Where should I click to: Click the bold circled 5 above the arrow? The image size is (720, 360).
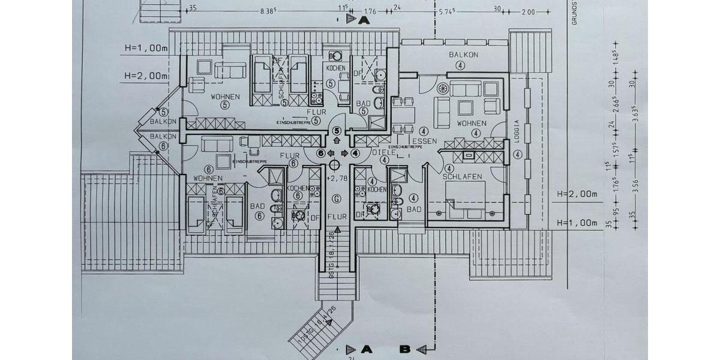click(x=337, y=130)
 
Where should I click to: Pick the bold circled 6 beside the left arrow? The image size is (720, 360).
click(x=321, y=153)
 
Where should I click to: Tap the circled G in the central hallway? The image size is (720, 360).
click(x=337, y=199)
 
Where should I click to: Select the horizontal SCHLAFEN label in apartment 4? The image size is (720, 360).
click(x=463, y=176)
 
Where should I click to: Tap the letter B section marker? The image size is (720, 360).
click(x=406, y=349)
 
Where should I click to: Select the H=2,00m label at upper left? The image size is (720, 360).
click(x=146, y=76)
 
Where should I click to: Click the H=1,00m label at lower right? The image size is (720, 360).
click(x=577, y=223)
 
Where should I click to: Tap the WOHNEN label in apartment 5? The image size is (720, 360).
click(x=225, y=96)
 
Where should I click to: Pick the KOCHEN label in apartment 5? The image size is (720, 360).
click(x=336, y=68)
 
